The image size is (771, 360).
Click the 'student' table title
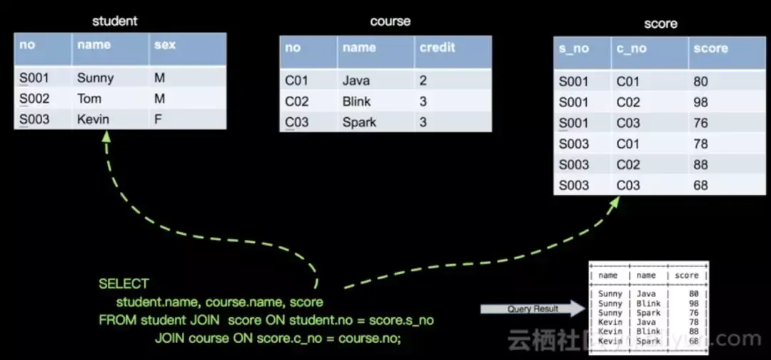[114, 21]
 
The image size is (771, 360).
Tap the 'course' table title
[390, 21]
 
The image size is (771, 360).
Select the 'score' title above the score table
[660, 24]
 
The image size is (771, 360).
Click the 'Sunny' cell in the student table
[95, 78]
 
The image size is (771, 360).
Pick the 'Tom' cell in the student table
[89, 99]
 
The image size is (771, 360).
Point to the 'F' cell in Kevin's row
[158, 119]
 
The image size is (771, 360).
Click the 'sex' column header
[165, 45]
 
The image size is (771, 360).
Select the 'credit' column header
[438, 48]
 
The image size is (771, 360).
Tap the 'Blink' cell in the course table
[356, 101]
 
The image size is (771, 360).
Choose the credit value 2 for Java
[423, 81]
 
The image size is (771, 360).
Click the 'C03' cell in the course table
[297, 122]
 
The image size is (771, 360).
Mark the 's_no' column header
[574, 49]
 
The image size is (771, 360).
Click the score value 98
[700, 102]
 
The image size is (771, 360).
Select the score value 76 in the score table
[700, 123]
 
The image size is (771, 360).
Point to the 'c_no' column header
[631, 49]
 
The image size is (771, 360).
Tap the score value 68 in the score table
[700, 185]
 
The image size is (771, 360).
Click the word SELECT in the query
[124, 284]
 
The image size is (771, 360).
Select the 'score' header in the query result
[687, 275]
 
